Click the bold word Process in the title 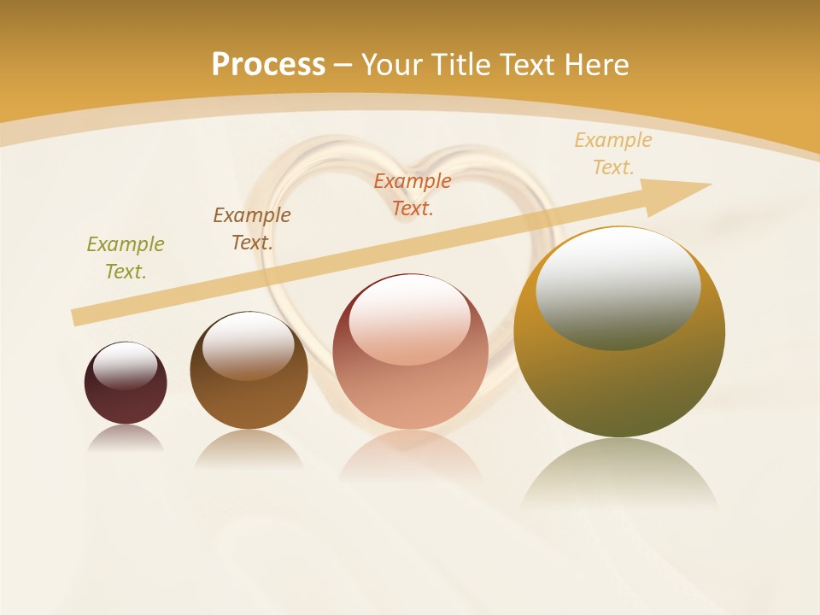coord(268,65)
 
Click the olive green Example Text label coord(126,258)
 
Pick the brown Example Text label coord(252,229)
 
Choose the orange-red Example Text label coord(413,195)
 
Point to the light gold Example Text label coord(613,154)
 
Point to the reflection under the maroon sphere coord(126,438)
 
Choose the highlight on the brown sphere coord(249,343)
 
